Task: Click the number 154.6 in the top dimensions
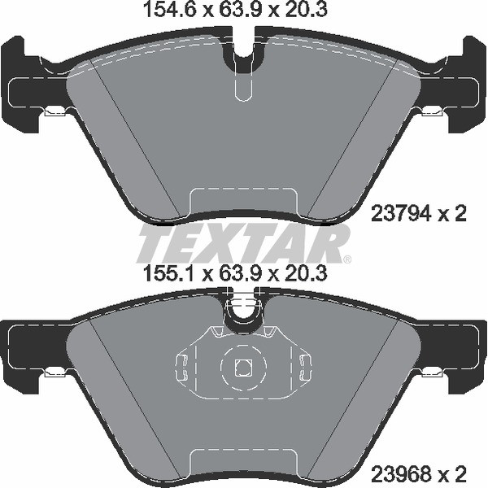pyautogui.click(x=160, y=11)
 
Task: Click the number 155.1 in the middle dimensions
pyautogui.click(x=159, y=276)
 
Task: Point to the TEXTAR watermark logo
pyautogui.click(x=244, y=244)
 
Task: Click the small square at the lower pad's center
pyautogui.click(x=242, y=368)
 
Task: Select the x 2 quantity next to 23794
pyautogui.click(x=452, y=215)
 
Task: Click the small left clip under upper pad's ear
pyautogui.click(x=55, y=112)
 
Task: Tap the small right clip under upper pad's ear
pyautogui.click(x=432, y=112)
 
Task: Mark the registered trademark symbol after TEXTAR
pyautogui.click(x=346, y=259)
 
